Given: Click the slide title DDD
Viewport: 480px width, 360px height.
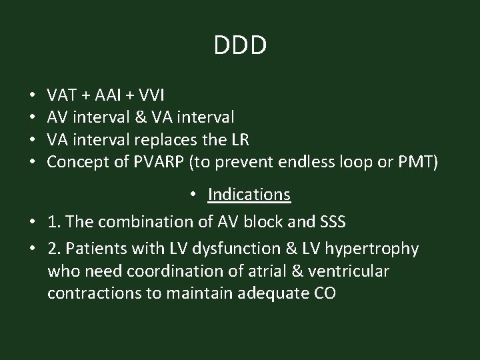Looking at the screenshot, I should [x=240, y=45].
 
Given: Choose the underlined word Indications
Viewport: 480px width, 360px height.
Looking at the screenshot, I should [x=249, y=194].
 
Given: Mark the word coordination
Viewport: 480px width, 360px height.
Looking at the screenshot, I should [x=153, y=271].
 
